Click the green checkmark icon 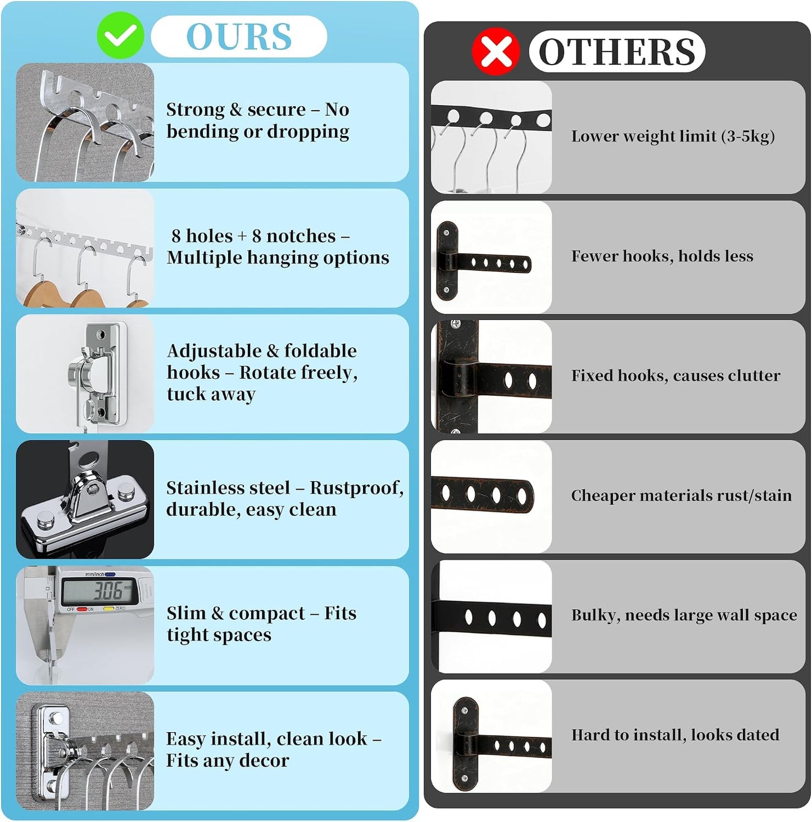click(120, 35)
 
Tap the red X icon click(496, 52)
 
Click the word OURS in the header click(239, 36)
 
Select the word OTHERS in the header click(618, 52)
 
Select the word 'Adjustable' click(214, 351)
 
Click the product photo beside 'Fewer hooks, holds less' click(491, 257)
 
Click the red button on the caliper click(82, 609)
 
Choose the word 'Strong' click(195, 110)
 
